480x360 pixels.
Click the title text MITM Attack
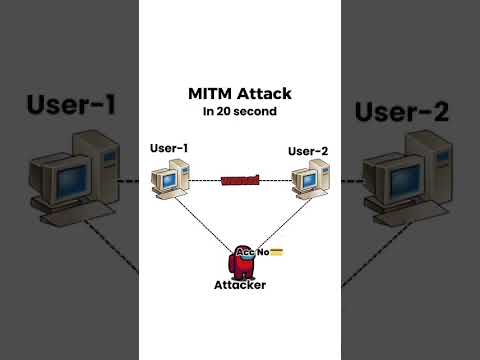click(239, 93)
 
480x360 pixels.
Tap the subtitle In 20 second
click(239, 110)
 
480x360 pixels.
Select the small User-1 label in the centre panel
click(169, 149)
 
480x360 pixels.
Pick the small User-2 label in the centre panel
click(308, 151)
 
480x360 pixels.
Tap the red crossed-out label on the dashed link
click(240, 181)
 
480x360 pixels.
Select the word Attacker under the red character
click(240, 285)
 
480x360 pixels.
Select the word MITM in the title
click(211, 93)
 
